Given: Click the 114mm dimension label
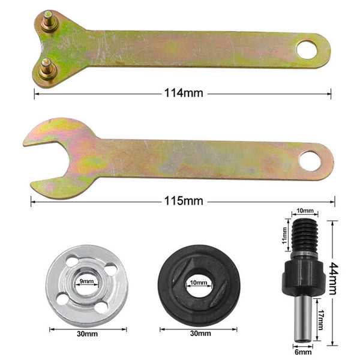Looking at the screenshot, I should [183, 93].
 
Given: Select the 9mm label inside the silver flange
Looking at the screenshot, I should [87, 281].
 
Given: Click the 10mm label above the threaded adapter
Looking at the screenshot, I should [304, 211].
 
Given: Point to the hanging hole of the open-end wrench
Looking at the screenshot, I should [311, 160].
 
